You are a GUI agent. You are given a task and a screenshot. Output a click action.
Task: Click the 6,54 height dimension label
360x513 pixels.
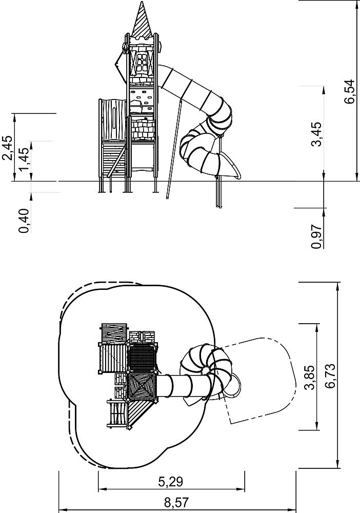(350, 92)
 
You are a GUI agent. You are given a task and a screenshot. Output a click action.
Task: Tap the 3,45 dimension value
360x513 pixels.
(316, 134)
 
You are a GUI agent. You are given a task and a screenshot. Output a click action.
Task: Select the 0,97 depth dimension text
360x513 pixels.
(316, 236)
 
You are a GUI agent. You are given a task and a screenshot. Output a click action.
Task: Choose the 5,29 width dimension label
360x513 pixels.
(170, 482)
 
